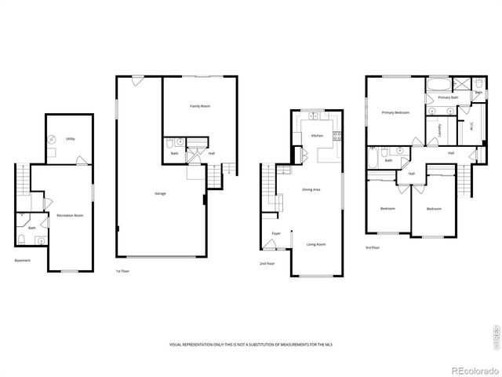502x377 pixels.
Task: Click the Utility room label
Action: coord(71,139)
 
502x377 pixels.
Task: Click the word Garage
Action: coord(160,192)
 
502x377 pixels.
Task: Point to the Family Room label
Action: coord(200,106)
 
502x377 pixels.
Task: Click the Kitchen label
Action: coord(317,136)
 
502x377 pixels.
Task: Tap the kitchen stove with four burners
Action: coord(337,136)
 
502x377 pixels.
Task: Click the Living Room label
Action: coord(316,244)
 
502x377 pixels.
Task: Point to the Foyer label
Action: coord(276,233)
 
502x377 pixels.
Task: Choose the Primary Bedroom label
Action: coord(395,113)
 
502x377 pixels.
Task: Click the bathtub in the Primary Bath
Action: coord(437,83)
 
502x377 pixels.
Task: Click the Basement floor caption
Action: coord(23,261)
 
